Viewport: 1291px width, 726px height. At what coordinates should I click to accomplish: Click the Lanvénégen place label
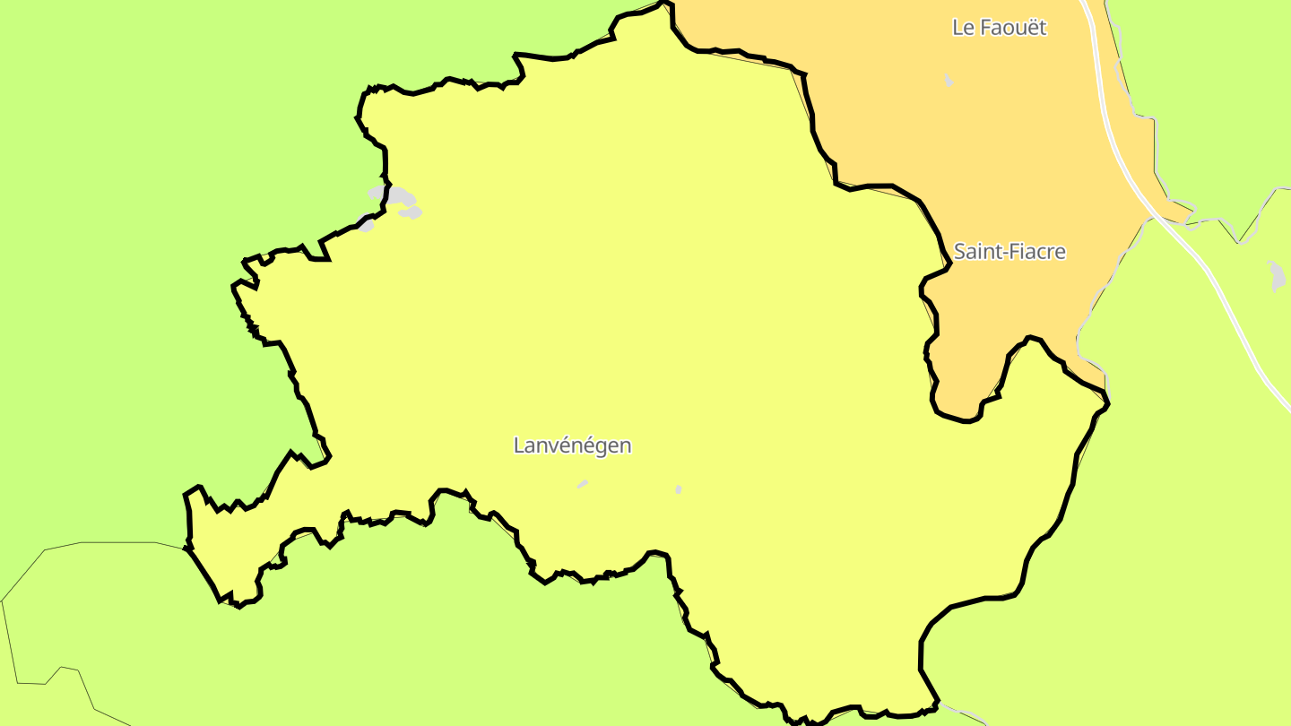572,445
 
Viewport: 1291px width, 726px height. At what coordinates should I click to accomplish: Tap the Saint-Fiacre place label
1009,252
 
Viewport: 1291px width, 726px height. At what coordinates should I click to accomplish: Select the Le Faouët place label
999,28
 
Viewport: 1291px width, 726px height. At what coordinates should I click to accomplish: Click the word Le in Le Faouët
963,28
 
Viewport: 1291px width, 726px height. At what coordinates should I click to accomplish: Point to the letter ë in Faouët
1031,28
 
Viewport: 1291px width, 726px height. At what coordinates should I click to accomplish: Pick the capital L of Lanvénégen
519,445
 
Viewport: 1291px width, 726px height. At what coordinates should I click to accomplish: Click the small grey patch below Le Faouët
949,81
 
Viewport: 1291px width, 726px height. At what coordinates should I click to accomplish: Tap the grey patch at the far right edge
1278,276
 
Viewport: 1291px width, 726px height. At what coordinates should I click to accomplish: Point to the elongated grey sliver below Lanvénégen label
583,484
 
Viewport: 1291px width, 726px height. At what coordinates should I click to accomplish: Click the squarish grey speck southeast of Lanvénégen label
678,489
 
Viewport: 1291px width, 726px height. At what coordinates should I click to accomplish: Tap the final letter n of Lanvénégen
625,445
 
